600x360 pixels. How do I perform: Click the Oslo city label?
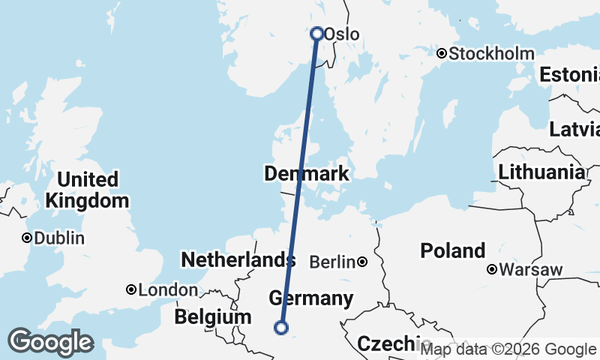pos(342,34)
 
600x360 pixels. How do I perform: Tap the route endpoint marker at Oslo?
pos(316,33)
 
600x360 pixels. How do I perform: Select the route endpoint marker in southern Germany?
pos(281,327)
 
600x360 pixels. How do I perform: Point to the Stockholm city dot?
pos(442,53)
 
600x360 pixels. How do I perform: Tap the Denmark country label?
pos(306,174)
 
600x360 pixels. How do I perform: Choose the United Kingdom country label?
pos(87,190)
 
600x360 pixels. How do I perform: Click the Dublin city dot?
pos(27,238)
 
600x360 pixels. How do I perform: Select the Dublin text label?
pos(59,238)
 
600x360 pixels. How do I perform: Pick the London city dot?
pos(131,289)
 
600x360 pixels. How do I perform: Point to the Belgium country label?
pos(212,317)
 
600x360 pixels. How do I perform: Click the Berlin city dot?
pos(362,262)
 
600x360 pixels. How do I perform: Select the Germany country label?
pos(310,298)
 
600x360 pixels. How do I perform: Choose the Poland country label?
pos(453,250)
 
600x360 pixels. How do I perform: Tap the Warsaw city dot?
pos(492,269)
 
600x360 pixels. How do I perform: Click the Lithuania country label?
pos(541,172)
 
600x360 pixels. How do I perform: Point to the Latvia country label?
pos(574,129)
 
